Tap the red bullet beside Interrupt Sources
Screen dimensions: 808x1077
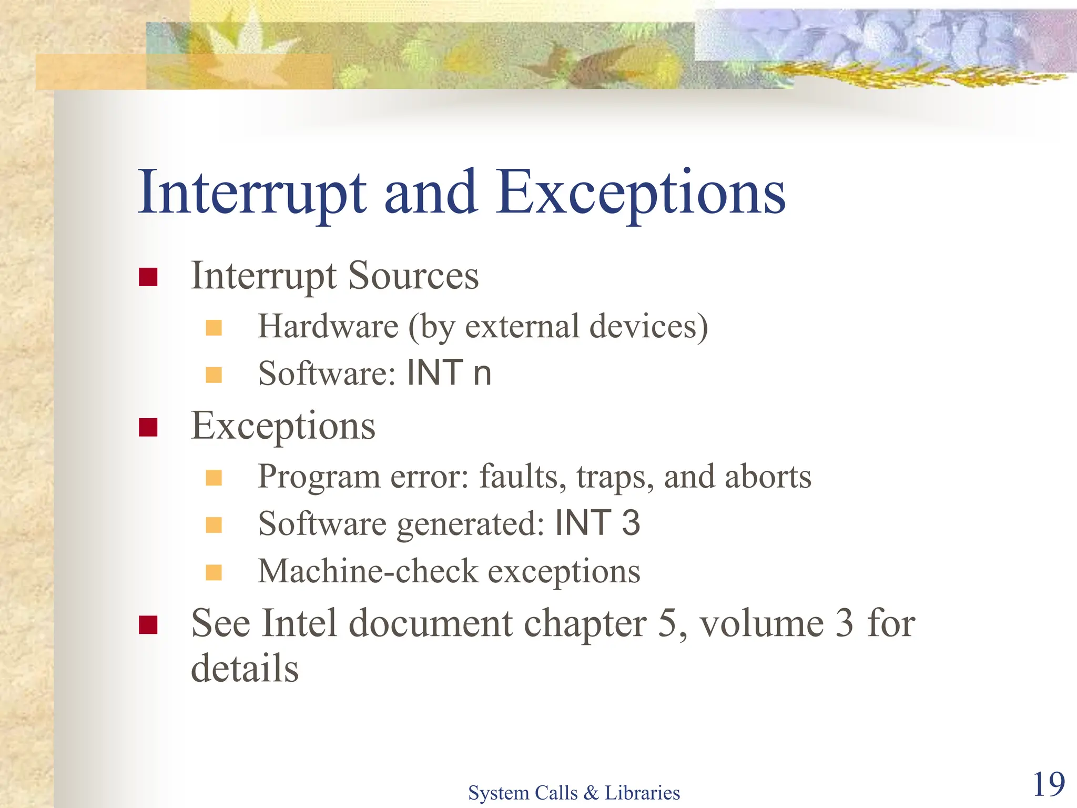pyautogui.click(x=148, y=277)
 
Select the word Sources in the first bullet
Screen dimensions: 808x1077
pyautogui.click(x=413, y=276)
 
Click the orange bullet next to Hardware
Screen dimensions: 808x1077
pyautogui.click(x=214, y=328)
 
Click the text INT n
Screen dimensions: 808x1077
pyautogui.click(x=449, y=373)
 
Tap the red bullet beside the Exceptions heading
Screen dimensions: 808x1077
pyautogui.click(x=148, y=427)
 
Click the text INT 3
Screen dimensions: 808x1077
pyautogui.click(x=597, y=523)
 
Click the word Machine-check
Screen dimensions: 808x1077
pyautogui.click(x=368, y=571)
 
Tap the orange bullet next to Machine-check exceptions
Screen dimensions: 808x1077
pyautogui.click(x=214, y=572)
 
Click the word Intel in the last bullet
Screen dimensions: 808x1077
pyautogui.click(x=299, y=624)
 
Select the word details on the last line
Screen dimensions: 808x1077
pyautogui.click(x=245, y=669)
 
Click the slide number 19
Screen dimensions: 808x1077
pyautogui.click(x=1049, y=784)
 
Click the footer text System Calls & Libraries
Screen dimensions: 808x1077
pyautogui.click(x=574, y=793)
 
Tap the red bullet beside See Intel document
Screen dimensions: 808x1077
pyautogui.click(x=148, y=625)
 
